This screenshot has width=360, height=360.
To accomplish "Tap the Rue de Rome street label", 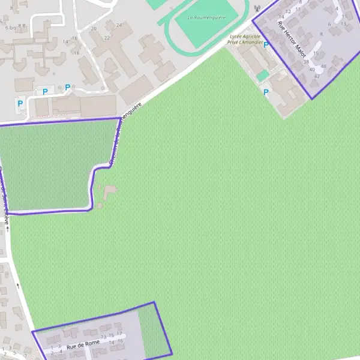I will click(83, 345).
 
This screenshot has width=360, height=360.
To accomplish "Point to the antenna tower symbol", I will click(257, 9).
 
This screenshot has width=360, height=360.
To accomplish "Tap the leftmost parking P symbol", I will click(20, 103).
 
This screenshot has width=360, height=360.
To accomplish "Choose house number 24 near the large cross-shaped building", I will click(119, 25).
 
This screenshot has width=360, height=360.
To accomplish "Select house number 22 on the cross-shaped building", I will click(107, 38).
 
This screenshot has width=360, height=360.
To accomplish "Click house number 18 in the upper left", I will click(77, 53).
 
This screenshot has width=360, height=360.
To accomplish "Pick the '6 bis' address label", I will click(10, 28).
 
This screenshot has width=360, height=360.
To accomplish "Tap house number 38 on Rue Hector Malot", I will click(306, 62).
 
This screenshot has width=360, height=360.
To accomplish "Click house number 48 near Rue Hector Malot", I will click(323, 66).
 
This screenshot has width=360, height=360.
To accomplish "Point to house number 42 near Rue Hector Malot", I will click(317, 76).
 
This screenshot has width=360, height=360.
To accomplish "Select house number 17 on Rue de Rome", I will click(119, 334).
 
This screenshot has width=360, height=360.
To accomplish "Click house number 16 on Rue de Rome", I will click(121, 341).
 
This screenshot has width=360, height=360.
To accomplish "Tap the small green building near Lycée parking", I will click(262, 76).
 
